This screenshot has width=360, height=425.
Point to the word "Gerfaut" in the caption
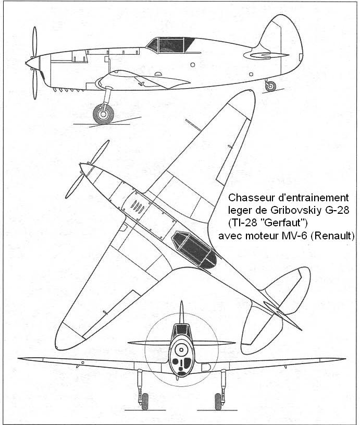click(283, 223)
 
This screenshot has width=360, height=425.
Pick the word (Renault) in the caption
click(332, 236)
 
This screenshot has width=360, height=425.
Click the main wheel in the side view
click(103, 114)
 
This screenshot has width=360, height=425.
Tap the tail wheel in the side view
click(270, 86)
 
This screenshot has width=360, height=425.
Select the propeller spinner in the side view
click(32, 64)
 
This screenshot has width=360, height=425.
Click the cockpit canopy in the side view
click(170, 45)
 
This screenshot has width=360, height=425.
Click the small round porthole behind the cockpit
click(193, 65)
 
